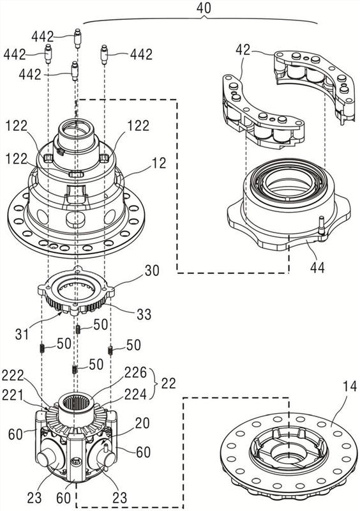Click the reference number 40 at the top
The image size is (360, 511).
coord(204,8)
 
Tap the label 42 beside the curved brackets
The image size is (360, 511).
coord(243,50)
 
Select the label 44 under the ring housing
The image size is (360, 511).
coord(317,267)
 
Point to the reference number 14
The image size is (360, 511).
coord(349,388)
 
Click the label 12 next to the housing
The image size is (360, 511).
coord(159,163)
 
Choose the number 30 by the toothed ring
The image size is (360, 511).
coord(151,270)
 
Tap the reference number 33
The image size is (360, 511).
coord(144,314)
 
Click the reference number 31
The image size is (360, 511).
coord(22,334)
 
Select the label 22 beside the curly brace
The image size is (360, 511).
coord(168,383)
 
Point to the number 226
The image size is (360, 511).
coord(135,372)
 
